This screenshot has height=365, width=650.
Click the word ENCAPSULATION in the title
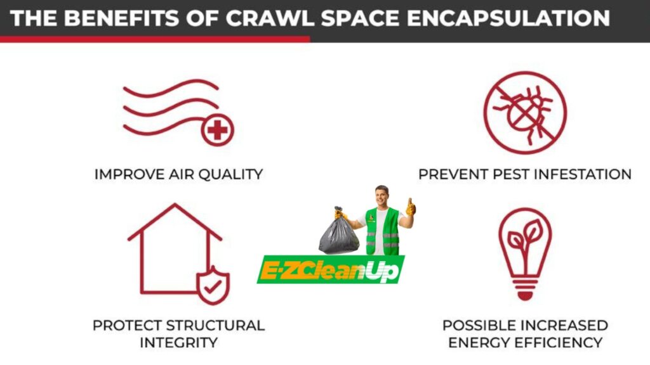pyautogui.click(x=508, y=18)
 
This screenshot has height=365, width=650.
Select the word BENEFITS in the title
pyautogui.click(x=121, y=18)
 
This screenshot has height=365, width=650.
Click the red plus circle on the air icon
pyautogui.click(x=218, y=131)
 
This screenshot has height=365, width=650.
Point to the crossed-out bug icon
pyautogui.click(x=525, y=113)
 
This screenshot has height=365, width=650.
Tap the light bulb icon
pyautogui.click(x=525, y=253)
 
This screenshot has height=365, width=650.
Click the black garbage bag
pyautogui.click(x=339, y=233)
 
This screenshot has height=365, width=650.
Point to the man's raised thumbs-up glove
pyautogui.click(x=411, y=207)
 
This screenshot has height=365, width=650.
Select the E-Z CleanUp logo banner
pyautogui.click(x=331, y=270)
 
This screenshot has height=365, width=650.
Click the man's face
pyautogui.click(x=381, y=196)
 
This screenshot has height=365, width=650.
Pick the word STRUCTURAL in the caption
pyautogui.click(x=215, y=325)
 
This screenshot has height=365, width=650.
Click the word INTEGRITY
pyautogui.click(x=178, y=343)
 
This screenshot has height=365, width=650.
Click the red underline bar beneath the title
pyautogui.click(x=155, y=39)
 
